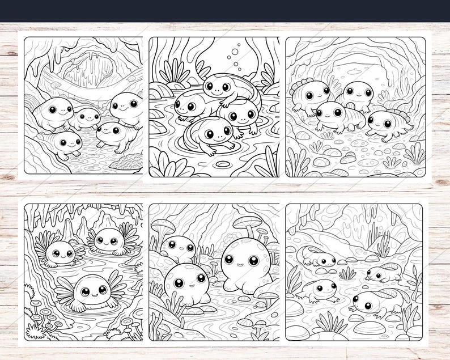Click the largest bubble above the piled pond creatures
pos(235,51)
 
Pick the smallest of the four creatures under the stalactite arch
pos(85,117)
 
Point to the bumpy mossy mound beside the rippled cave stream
pos(126,163)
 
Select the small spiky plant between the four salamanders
pos(347,274)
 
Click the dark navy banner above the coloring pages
pos(225,11)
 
